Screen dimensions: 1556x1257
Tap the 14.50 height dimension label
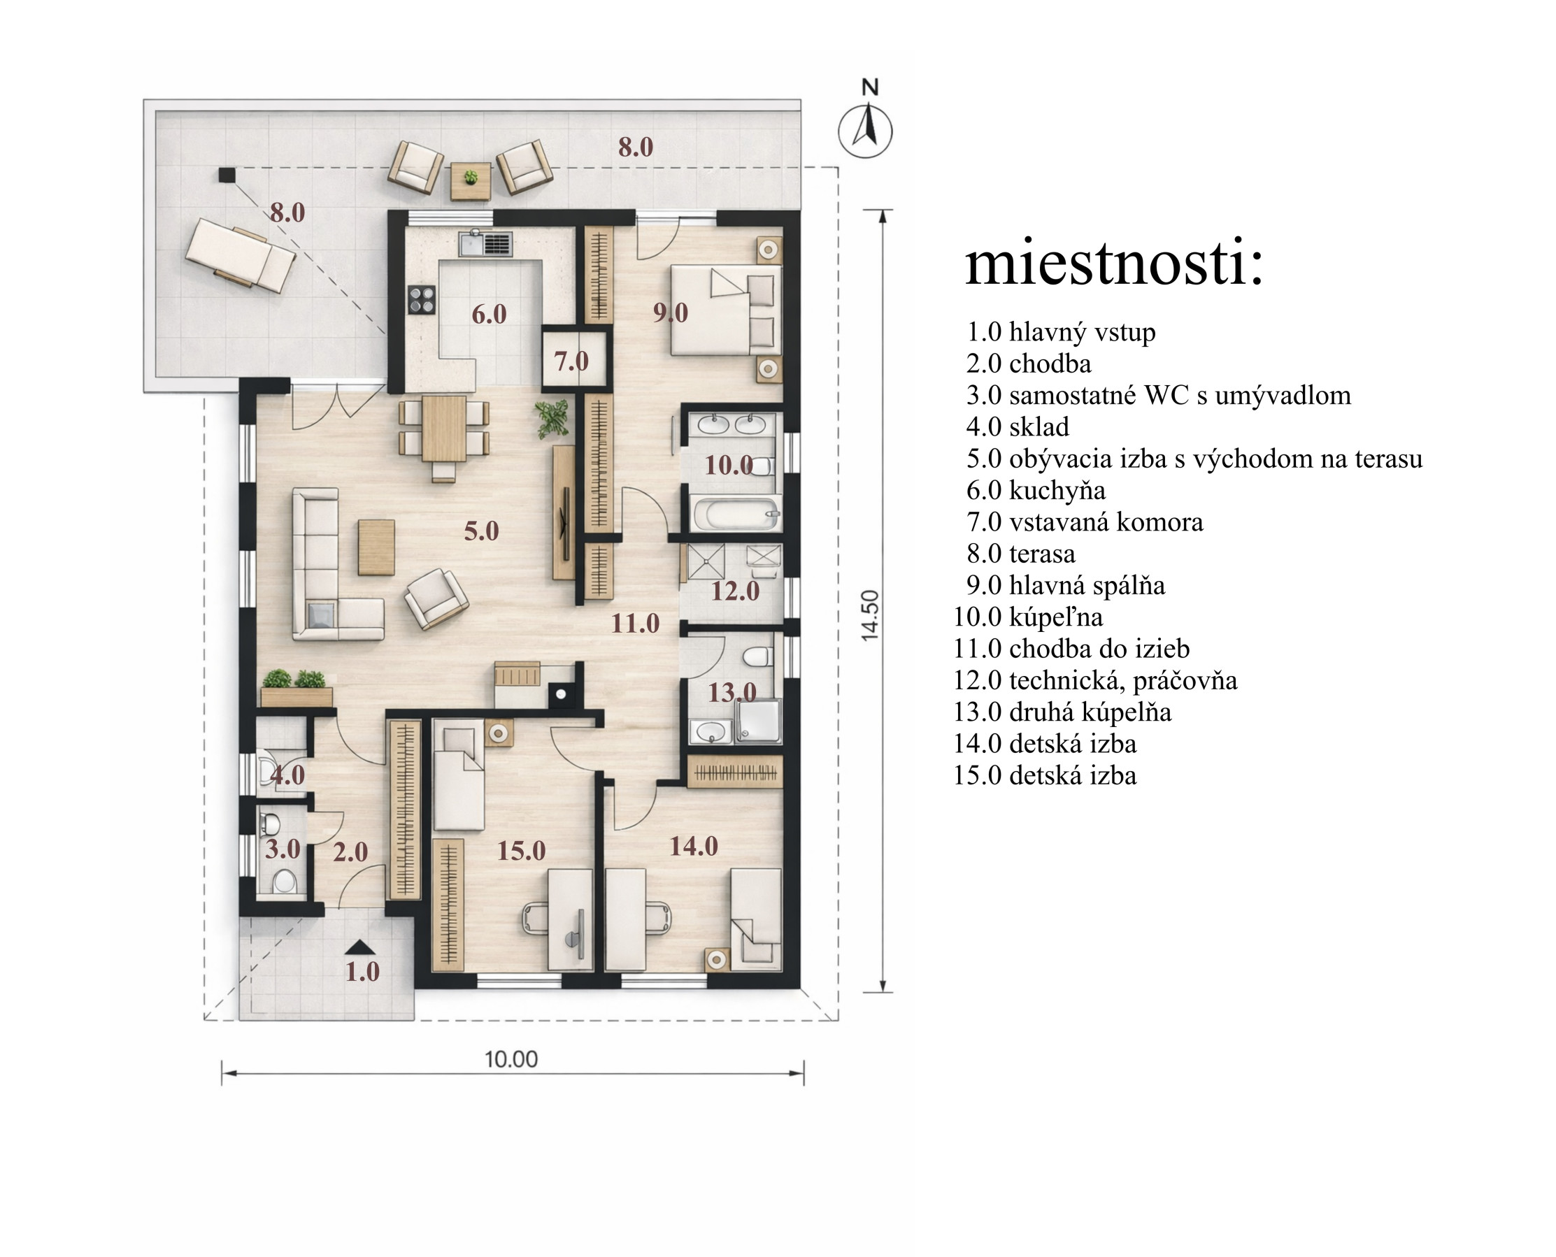[x=869, y=615]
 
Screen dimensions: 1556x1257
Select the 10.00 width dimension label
[x=511, y=1060]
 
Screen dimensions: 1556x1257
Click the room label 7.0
[x=571, y=361]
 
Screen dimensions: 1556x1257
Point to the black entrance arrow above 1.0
[x=360, y=947]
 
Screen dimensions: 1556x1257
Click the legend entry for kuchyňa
[x=1036, y=490]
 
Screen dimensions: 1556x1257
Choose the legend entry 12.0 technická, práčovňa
[x=1095, y=680]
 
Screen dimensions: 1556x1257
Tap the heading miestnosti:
[x=1114, y=263]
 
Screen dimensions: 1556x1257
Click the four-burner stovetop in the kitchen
[x=422, y=300]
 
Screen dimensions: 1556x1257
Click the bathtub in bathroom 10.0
[x=735, y=513]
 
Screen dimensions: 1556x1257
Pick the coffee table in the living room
[x=377, y=547]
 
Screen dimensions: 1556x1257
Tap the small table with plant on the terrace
[x=471, y=181]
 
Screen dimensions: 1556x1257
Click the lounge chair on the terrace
[x=241, y=255]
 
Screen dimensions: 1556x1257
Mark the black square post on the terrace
[x=227, y=175]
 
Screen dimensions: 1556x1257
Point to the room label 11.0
[x=635, y=623]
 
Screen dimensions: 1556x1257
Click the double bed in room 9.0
[x=726, y=310]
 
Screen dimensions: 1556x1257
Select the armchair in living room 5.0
[x=436, y=599]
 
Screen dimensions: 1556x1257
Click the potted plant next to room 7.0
[x=552, y=419]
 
